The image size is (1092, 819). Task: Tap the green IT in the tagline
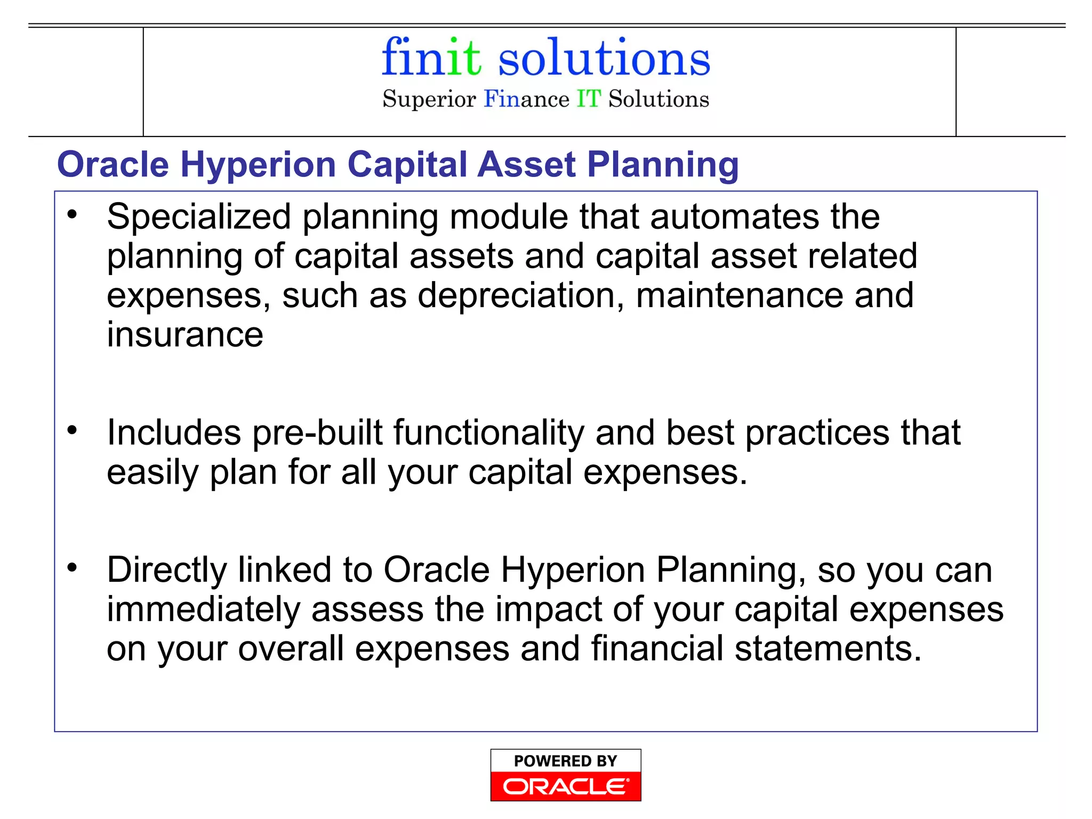click(x=589, y=99)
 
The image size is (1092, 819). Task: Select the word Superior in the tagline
click(x=429, y=99)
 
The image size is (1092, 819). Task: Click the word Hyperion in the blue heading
click(x=258, y=164)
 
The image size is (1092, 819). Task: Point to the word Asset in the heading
click(x=526, y=164)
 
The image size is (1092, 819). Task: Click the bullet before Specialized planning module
click(x=73, y=214)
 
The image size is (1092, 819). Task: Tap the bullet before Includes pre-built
click(x=73, y=430)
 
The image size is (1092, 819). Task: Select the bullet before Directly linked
click(x=73, y=567)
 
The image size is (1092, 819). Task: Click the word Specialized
click(x=199, y=218)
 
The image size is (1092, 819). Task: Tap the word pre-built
click(x=317, y=432)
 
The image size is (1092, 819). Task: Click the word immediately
click(x=203, y=609)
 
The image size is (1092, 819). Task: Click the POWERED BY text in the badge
click(x=565, y=761)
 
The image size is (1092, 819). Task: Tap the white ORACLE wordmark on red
click(x=565, y=786)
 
